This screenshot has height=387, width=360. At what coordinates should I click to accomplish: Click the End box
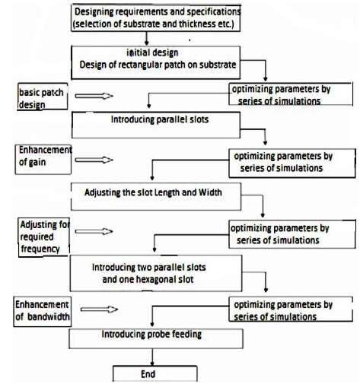click(x=155, y=373)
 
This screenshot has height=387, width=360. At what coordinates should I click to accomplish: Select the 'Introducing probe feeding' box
click(x=156, y=338)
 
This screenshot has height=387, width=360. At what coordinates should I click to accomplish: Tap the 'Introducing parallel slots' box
click(x=156, y=125)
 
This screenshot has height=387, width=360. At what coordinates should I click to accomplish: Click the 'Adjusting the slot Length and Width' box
click(x=156, y=197)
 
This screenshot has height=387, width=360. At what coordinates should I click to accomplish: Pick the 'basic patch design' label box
click(x=43, y=97)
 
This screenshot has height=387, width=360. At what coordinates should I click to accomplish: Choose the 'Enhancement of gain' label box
click(x=43, y=160)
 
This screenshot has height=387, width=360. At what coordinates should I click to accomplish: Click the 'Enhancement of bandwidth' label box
click(x=43, y=312)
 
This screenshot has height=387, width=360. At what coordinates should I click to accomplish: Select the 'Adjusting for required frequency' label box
click(x=44, y=237)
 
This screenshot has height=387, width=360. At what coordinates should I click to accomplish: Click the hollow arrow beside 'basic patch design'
click(x=94, y=96)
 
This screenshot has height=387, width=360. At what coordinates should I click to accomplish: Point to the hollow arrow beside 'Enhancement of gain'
click(x=94, y=160)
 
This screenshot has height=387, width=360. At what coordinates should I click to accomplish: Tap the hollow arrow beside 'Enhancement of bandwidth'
click(x=99, y=309)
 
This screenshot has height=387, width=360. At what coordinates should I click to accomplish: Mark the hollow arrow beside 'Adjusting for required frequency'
click(x=94, y=231)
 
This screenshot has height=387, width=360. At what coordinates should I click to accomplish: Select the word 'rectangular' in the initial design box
click(x=140, y=65)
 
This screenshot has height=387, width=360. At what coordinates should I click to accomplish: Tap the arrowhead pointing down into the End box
click(x=152, y=363)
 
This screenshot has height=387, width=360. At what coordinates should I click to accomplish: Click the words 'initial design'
click(x=152, y=52)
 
